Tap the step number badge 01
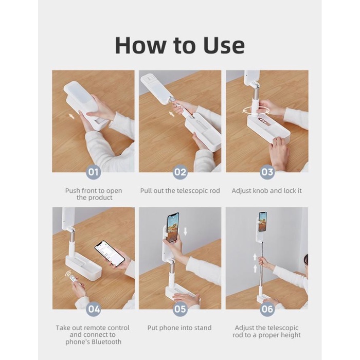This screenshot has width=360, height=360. tap(93, 172)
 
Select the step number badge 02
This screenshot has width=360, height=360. tap(180, 172)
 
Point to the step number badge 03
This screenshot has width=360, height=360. tap(267, 172)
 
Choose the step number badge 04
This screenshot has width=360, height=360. tap(93, 309)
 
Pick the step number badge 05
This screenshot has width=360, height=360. tap(180, 309)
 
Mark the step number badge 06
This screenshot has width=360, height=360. tap(267, 309)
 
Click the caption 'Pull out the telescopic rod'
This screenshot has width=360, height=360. tap(180, 191)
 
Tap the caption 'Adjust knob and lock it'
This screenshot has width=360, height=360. tap(267, 191)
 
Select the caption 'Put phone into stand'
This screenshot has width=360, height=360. tap(180, 328)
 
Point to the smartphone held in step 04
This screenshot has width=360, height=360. tap(110, 253)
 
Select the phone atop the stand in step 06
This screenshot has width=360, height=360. tap(263, 221)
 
